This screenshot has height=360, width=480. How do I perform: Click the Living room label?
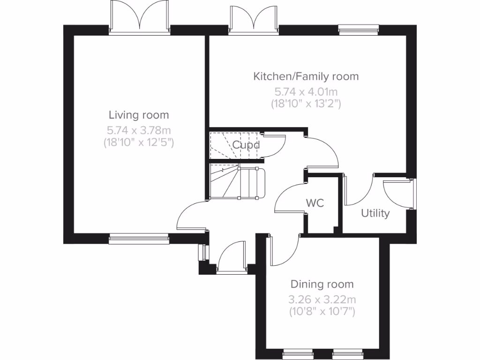[139, 115]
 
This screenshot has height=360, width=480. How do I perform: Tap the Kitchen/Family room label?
[306, 76]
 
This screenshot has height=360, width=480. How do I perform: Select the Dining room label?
[322, 284]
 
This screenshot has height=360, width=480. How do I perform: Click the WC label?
[315, 203]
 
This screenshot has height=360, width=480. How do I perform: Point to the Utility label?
[375, 214]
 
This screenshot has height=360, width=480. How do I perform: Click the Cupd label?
[246, 145]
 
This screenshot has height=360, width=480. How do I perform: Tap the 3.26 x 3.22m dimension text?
[322, 299]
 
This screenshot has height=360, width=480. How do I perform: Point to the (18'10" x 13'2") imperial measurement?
[306, 104]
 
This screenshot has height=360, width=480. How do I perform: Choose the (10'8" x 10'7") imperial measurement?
[322, 311]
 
